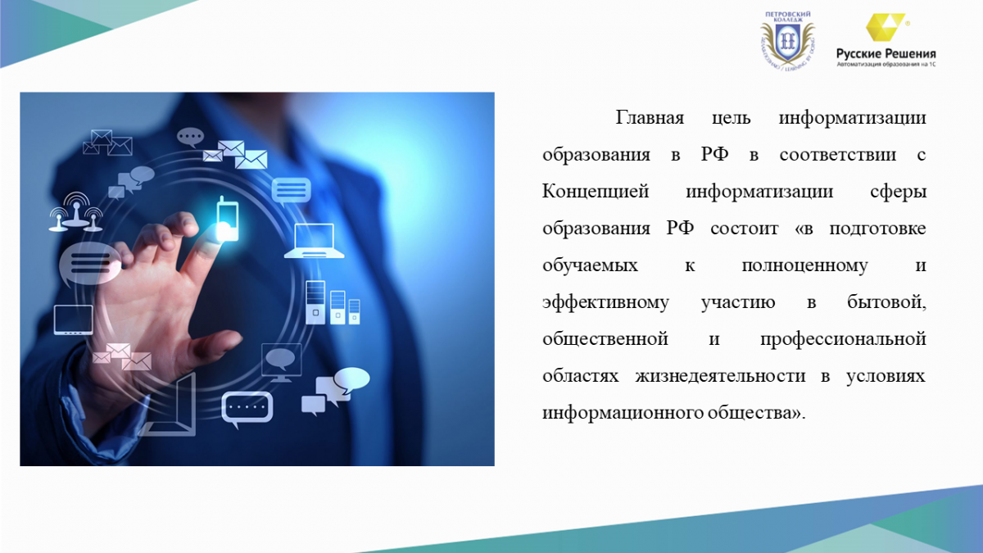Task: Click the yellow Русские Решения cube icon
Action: (885, 27)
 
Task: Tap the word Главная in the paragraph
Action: (650, 118)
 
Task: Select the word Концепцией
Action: (596, 192)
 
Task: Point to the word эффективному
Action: (605, 303)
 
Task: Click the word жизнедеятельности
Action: (720, 376)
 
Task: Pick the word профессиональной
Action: (843, 340)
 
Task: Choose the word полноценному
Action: (804, 266)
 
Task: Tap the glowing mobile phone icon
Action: (228, 219)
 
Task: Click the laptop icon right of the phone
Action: (315, 241)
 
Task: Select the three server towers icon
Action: (333, 303)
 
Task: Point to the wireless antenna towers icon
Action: (76, 212)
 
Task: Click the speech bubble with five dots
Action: (247, 409)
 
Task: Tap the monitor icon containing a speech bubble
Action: (281, 362)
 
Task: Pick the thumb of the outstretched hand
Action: (213, 346)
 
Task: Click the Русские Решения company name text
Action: (886, 54)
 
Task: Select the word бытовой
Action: (886, 302)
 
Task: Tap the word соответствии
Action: (838, 155)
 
